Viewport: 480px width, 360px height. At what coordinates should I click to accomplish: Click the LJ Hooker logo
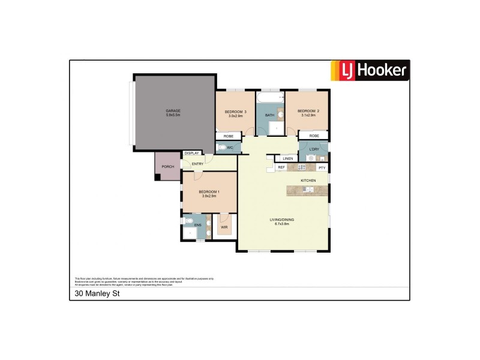(370, 71)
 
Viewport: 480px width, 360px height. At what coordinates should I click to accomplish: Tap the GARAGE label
(173, 111)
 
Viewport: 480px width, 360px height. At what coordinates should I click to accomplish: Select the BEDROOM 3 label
(236, 112)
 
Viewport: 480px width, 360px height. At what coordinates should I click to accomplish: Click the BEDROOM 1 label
(209, 191)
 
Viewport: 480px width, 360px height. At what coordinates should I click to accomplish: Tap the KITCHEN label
(308, 180)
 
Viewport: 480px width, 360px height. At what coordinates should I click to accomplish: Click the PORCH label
(168, 167)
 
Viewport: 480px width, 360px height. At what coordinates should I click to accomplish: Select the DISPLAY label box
(192, 153)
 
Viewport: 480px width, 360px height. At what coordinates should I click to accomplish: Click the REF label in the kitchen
(281, 167)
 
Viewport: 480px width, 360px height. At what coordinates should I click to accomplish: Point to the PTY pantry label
(322, 167)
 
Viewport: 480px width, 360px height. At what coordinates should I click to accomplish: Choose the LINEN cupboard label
(287, 158)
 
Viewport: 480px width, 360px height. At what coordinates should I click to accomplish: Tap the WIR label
(224, 228)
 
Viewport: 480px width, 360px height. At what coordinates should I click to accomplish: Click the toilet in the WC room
(223, 147)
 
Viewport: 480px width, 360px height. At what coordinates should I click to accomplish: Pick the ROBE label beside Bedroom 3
(229, 136)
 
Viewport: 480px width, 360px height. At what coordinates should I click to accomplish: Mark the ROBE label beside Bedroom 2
(314, 136)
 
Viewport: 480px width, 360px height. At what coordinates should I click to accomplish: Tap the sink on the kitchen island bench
(308, 190)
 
